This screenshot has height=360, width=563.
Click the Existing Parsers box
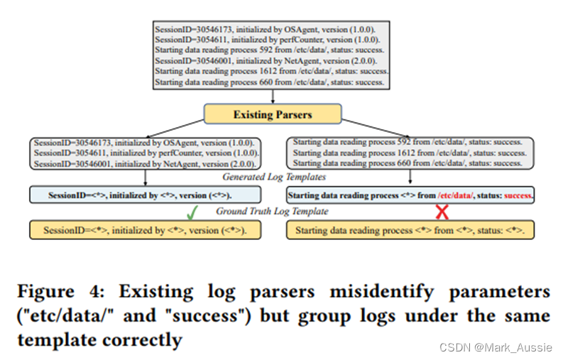pos(273,114)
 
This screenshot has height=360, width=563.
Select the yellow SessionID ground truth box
pos(145,230)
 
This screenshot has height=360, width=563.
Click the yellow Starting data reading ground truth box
pos(410,230)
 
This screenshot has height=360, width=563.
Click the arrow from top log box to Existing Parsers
pos(273,97)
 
